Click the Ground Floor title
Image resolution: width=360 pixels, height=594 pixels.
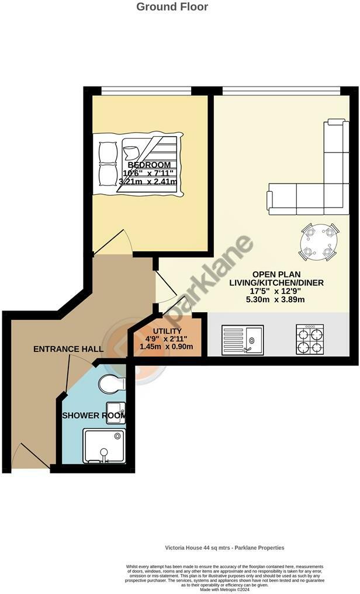tap(172, 7)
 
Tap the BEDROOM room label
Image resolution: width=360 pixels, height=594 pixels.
tap(149, 165)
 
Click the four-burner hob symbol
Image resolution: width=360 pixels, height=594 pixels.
tap(310, 340)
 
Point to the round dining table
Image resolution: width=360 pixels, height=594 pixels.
tap(319, 241)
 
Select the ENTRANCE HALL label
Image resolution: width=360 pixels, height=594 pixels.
tap(68, 349)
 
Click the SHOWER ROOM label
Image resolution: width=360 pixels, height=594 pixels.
tap(94, 416)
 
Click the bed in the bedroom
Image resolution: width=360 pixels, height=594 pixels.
tap(140, 164)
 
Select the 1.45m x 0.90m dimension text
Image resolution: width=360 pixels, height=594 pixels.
tap(167, 347)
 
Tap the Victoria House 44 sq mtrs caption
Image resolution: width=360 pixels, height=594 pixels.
tap(224, 548)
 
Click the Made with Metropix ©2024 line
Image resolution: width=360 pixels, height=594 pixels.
tap(224, 589)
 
